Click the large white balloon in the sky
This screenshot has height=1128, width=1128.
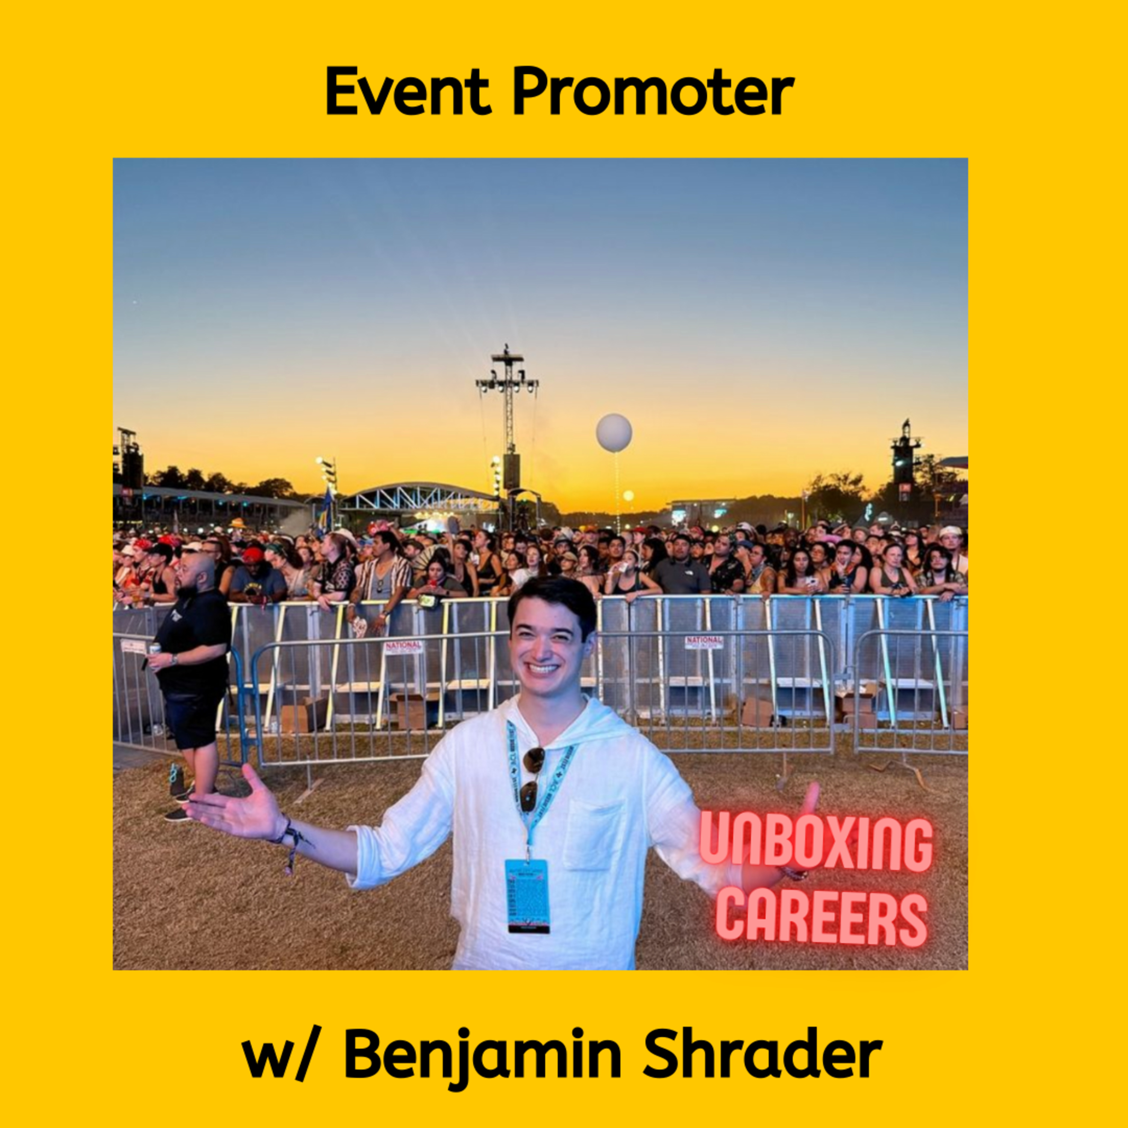tap(614, 433)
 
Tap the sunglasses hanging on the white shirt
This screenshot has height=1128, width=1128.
tap(532, 779)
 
